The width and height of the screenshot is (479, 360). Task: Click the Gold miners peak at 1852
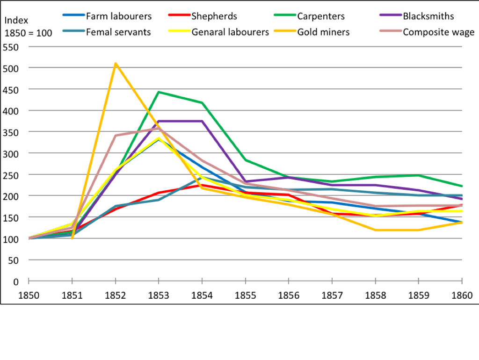[x=115, y=64]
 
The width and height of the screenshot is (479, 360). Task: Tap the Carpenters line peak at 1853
[x=159, y=92]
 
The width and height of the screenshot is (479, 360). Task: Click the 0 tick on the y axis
[x=16, y=281]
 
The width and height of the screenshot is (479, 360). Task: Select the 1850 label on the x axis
[x=29, y=295]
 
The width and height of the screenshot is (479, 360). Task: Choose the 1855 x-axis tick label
[x=245, y=295]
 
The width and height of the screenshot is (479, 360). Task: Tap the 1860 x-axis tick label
[x=462, y=295]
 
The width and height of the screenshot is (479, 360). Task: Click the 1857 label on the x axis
[x=332, y=295]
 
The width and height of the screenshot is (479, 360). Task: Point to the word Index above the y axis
[x=16, y=21]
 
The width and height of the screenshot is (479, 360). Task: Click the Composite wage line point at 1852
[x=115, y=136]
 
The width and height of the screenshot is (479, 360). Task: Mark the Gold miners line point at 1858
[x=375, y=230]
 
